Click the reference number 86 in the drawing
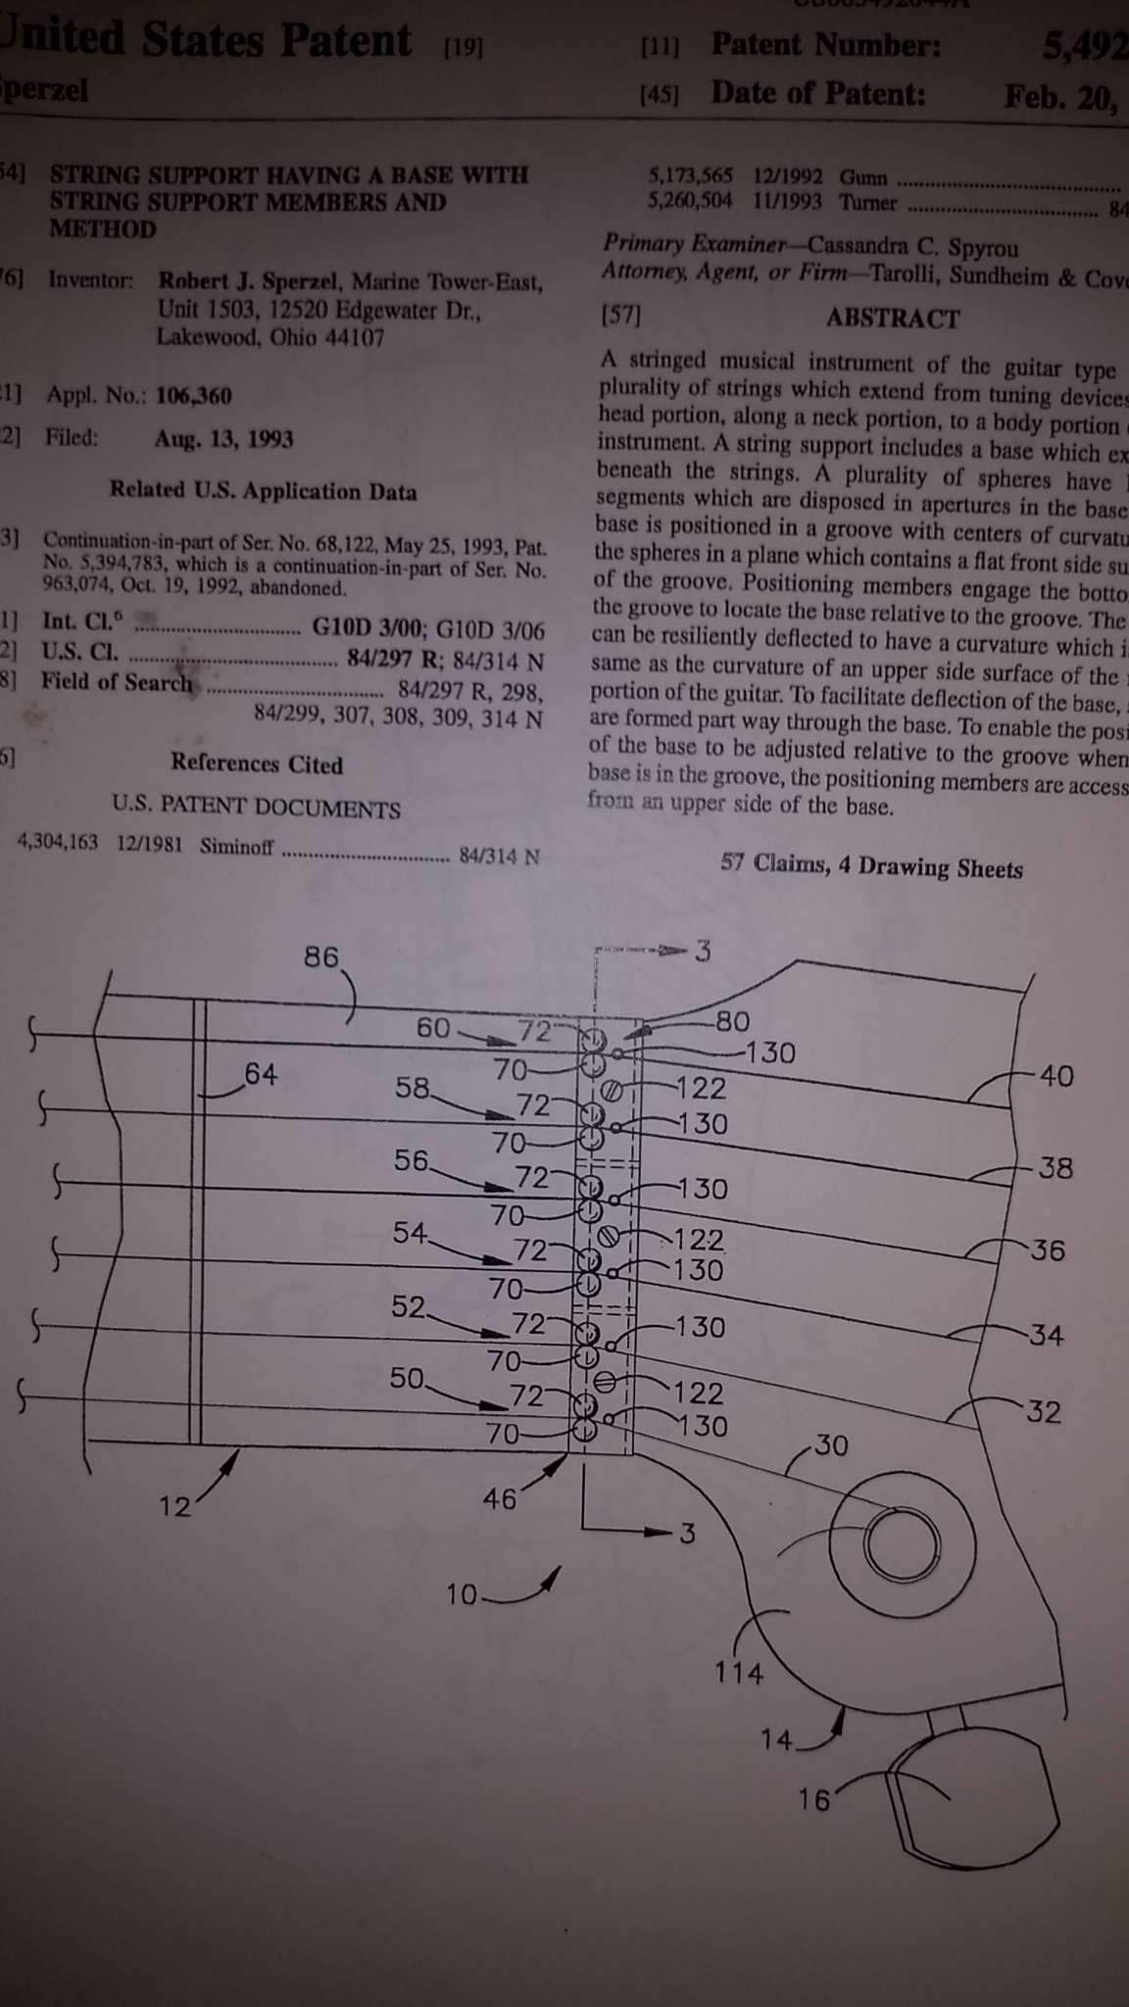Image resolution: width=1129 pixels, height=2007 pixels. coord(320,957)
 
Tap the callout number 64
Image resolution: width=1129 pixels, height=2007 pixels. coord(261,1074)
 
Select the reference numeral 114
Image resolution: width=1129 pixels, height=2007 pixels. coord(737,1672)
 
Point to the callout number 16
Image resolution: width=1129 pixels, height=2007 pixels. coord(813,1799)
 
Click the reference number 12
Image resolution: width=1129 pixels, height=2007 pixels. coord(175,1507)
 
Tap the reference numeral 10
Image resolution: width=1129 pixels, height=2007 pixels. coord(461,1595)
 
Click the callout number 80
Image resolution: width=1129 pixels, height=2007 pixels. coord(732,1022)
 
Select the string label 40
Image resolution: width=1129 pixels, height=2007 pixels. coord(1055,1076)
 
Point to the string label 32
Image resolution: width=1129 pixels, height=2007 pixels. coord(1044,1412)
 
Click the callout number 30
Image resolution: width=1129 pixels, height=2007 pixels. coord(831,1445)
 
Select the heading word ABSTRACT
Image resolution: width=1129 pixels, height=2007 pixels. coord(892,318)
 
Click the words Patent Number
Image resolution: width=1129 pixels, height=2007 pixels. coord(825,45)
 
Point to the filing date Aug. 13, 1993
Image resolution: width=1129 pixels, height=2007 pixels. coord(223,439)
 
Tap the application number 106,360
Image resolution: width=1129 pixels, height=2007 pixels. coord(194,396)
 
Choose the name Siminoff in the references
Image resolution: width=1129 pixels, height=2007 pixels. coord(236,846)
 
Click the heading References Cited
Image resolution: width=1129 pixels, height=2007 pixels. coord(257,764)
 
